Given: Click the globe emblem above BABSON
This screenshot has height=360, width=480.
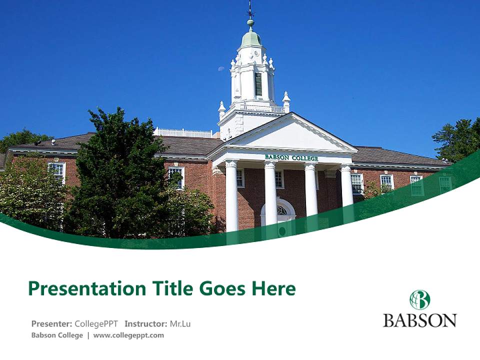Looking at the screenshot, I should tap(419, 300).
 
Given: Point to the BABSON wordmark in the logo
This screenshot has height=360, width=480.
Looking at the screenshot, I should tap(419, 320).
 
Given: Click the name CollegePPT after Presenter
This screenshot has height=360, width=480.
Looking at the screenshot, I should tap(96, 323).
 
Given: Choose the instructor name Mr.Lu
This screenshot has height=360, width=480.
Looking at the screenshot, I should tap(180, 323).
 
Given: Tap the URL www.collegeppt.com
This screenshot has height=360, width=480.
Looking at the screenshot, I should tap(128, 335).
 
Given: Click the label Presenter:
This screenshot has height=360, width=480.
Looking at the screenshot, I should tap(51, 323).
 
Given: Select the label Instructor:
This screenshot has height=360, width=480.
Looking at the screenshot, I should tap(145, 323).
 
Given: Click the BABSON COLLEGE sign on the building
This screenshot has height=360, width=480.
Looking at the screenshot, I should tap(291, 157).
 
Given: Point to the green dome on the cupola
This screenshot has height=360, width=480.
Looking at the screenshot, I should tap(251, 38).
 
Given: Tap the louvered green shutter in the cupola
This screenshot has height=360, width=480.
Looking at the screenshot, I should tap(258, 84).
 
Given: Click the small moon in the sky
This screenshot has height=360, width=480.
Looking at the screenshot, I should tap(221, 68).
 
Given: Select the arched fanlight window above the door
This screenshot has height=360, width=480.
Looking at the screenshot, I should tap(281, 210).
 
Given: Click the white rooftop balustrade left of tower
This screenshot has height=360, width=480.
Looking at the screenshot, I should tap(183, 133).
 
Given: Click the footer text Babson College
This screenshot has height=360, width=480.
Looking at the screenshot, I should tap(57, 335).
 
